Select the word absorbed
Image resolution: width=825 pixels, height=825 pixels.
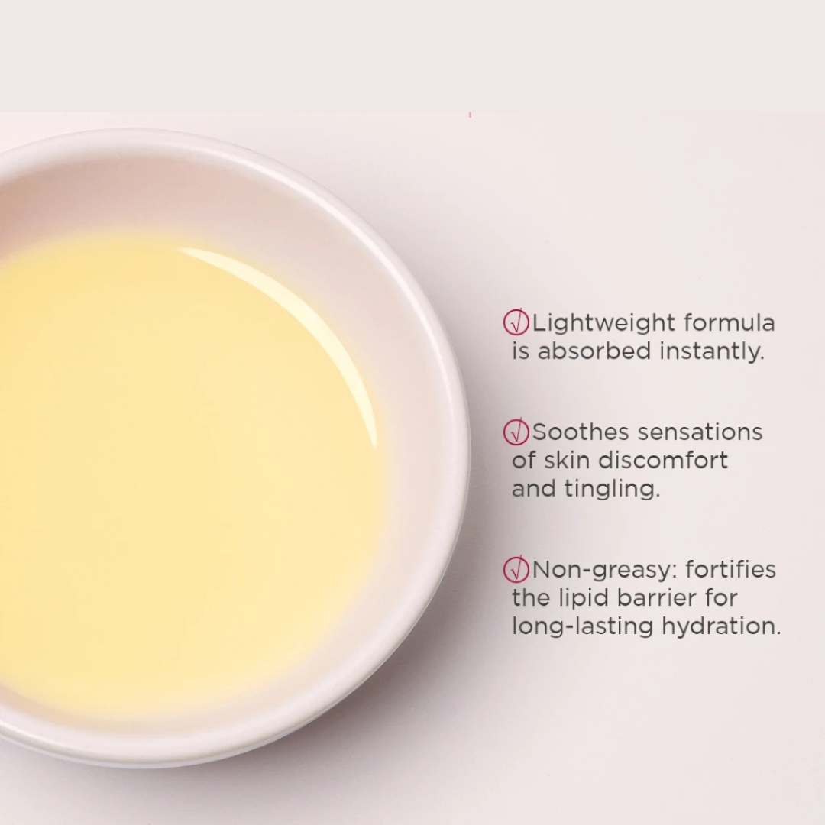click(x=594, y=351)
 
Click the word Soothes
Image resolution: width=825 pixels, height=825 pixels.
click(x=581, y=432)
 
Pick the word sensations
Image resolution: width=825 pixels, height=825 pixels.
click(x=700, y=432)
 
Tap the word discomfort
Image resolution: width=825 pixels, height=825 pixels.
click(x=664, y=461)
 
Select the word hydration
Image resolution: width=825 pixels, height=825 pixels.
click(x=721, y=626)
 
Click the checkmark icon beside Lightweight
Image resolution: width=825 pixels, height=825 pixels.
click(x=516, y=322)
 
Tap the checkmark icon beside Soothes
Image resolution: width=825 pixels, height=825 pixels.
click(x=516, y=432)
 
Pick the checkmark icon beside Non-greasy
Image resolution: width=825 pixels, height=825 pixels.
click(x=516, y=569)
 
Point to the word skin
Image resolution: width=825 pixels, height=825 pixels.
click(x=566, y=461)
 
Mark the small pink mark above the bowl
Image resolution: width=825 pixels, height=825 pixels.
click(x=470, y=115)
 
